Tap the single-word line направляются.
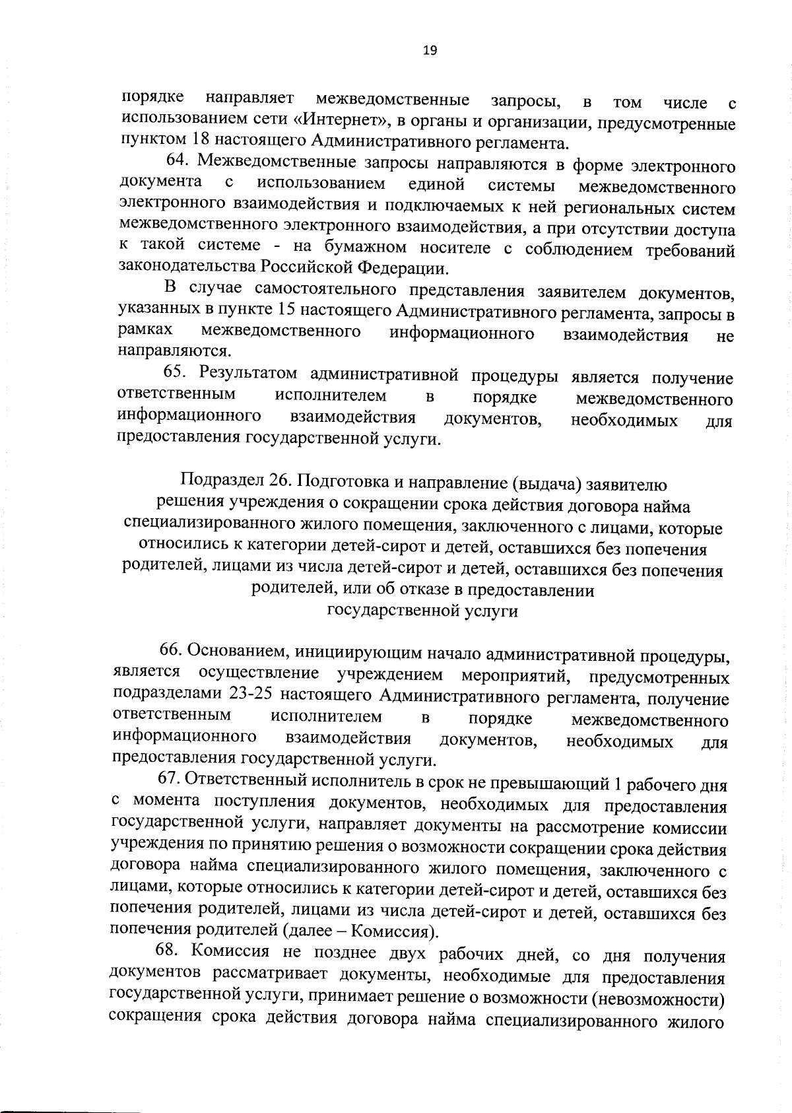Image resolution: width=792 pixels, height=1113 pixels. click(174, 351)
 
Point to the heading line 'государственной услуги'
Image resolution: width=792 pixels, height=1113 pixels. click(422, 611)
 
